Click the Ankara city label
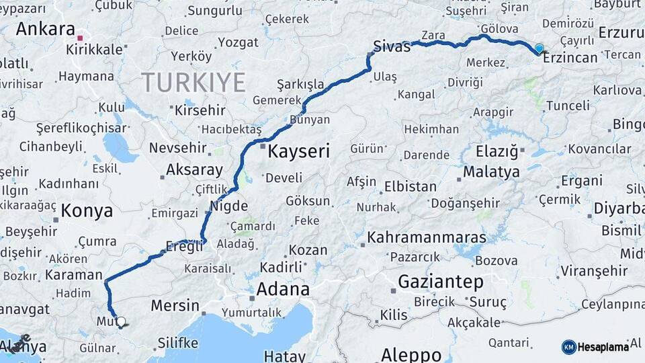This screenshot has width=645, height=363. click(x=45, y=29)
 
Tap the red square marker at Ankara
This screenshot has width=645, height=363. click(x=81, y=38)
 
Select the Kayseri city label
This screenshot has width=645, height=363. click(x=298, y=151)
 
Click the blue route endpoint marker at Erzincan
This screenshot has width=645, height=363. click(x=539, y=48)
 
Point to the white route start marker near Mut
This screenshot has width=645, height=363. click(x=120, y=322)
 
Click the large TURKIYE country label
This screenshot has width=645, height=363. click(x=193, y=82)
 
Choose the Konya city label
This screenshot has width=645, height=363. click(x=87, y=211)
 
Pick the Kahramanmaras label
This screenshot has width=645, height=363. click(x=427, y=238)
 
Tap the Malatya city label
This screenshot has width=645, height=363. click(x=491, y=172)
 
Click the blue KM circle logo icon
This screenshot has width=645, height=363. click(x=568, y=347)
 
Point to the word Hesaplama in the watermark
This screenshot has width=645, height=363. click(x=603, y=347)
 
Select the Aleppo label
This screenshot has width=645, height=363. click(x=411, y=354)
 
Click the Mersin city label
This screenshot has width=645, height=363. click(x=175, y=306)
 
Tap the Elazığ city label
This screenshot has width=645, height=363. click(x=497, y=151)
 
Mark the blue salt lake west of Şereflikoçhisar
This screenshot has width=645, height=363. click(x=120, y=147)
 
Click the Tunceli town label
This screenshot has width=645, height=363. click(x=567, y=106)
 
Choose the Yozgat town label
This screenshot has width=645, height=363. click(x=238, y=42)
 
